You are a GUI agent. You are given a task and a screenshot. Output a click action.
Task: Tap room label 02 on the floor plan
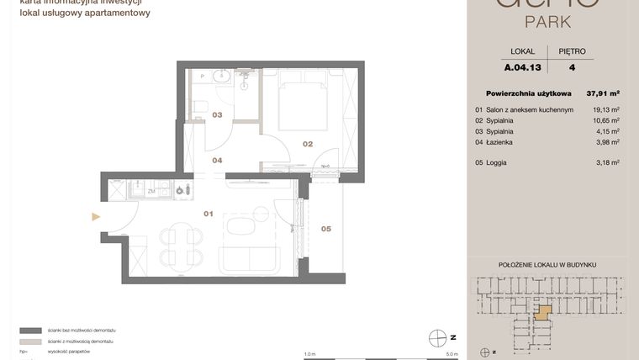308,144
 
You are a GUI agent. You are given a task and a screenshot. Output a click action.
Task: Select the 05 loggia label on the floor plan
325,228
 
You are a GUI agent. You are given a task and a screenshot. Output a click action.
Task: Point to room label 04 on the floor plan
217,160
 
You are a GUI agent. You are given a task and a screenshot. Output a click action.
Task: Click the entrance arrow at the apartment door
96,216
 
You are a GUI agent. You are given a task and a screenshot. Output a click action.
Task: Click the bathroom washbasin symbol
223,77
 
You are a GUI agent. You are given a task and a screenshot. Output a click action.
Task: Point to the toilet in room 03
200,106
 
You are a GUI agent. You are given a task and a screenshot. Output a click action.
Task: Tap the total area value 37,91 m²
603,93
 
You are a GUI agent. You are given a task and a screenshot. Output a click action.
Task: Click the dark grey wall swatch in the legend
31,331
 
